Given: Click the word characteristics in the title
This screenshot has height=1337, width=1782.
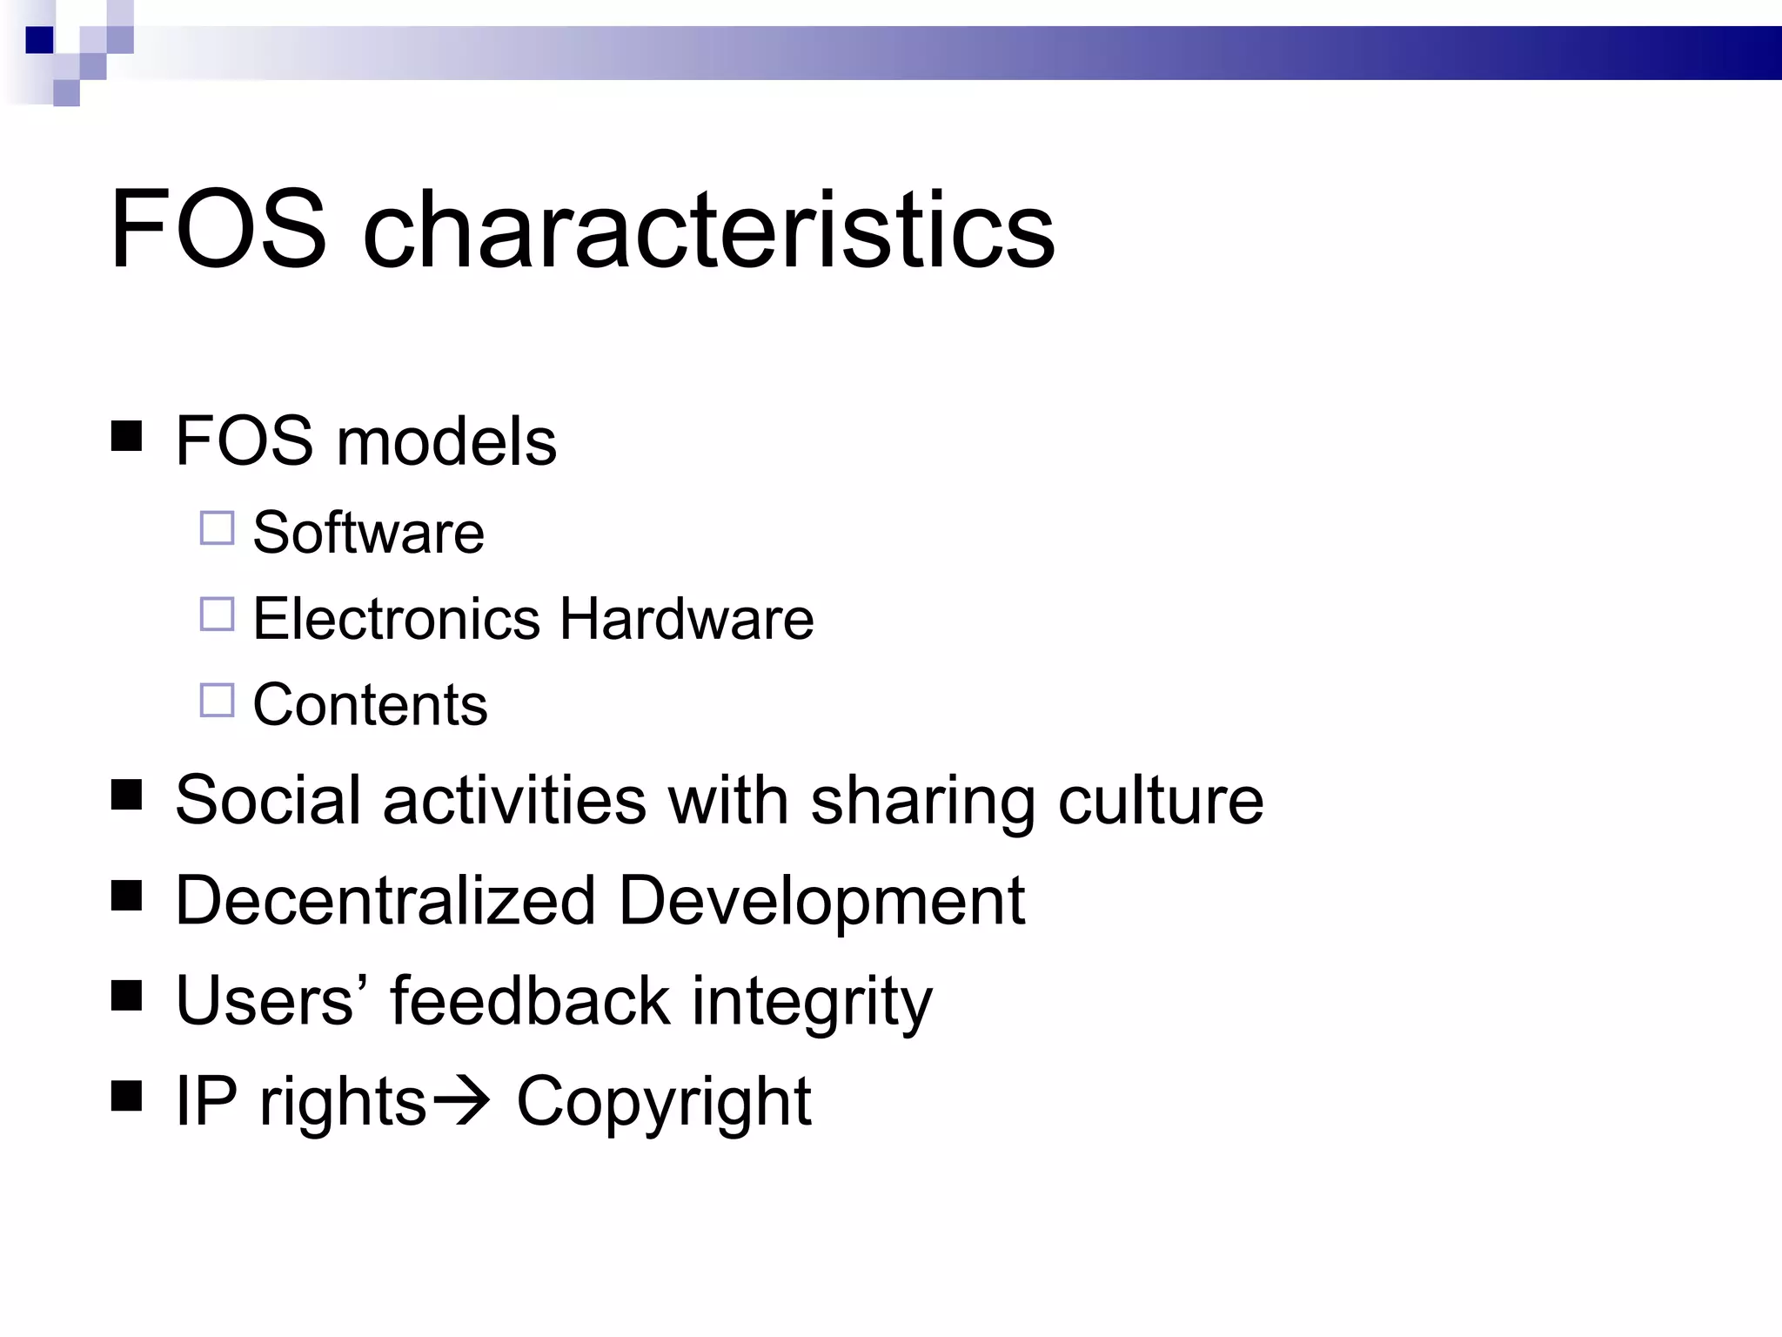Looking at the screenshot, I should coord(708,230).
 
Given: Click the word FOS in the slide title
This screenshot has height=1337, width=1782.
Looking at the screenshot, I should coord(218,230).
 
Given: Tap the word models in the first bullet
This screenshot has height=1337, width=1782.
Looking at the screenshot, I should coord(445,441).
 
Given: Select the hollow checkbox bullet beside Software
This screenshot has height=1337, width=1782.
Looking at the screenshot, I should coord(217,528).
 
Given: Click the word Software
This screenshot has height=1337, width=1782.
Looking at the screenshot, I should coord(368,532).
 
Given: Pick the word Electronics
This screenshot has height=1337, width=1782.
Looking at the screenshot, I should coord(397,619).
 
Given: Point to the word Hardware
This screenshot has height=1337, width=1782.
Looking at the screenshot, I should coord(687,619).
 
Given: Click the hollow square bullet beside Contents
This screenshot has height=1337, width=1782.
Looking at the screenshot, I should coord(217,700).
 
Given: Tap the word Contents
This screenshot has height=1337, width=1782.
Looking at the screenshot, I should coord(370,704).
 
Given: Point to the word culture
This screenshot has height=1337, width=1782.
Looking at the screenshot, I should coord(1161,800).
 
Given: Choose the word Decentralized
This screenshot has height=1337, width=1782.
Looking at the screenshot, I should coord(385,900).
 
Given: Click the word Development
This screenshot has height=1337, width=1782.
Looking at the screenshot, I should coord(821,902).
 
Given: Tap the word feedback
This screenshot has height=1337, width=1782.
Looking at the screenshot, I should coord(530,1000).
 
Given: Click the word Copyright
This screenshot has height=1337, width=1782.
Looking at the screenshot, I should coord(664,1103).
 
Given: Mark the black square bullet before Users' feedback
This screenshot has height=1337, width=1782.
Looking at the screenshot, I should coord(127,995).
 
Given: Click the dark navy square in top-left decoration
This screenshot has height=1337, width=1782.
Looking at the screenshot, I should coord(39,40).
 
